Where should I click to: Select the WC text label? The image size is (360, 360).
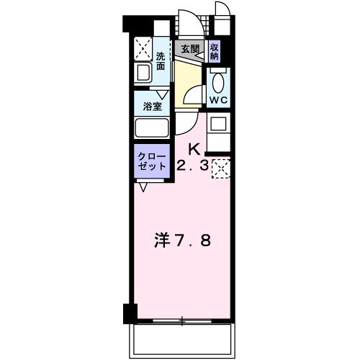coord(217,99)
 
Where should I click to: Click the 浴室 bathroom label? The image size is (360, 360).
coord(151,106)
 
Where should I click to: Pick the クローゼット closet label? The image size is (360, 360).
coord(152,161)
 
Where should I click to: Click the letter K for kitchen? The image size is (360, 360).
coord(194,150)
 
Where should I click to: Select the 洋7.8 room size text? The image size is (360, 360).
coord(184,240)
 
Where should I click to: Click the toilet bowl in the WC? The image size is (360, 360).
coord(218,79)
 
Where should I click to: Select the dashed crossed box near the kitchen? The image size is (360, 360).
coord(220,168)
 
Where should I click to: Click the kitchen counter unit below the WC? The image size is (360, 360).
coord(218,130)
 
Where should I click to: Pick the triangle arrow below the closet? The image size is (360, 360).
coord(143,187)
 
